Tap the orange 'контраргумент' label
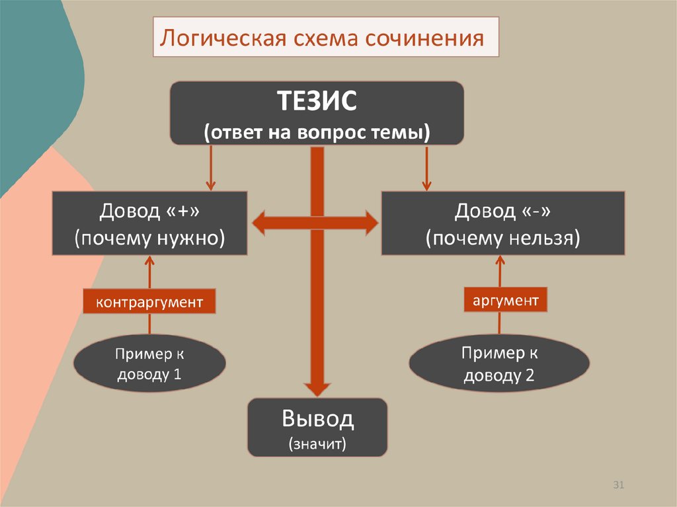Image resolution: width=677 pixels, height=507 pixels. click(149, 302)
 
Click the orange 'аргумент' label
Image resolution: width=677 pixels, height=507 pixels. click(506, 301)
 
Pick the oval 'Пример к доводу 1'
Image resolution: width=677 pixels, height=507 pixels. click(149, 364)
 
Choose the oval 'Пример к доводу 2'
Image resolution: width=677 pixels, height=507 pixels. click(499, 364)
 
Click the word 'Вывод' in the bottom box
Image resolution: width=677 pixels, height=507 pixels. click(317, 419)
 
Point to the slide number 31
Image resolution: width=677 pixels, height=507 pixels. click(619, 486)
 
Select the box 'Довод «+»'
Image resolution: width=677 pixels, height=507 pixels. click(149, 223)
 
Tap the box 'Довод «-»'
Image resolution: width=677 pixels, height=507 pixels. click(503, 223)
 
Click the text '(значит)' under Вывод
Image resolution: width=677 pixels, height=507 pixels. click(317, 442)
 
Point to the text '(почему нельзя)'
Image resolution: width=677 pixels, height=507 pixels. click(503, 237)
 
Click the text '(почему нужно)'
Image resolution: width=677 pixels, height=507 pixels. click(149, 237)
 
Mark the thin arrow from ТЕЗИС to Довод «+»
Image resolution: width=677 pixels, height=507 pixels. click(211, 168)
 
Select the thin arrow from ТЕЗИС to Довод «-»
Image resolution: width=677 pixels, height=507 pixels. click(426, 168)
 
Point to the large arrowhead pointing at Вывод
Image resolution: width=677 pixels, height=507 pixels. click(317, 389)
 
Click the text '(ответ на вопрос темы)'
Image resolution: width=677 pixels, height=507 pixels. click(317, 132)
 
